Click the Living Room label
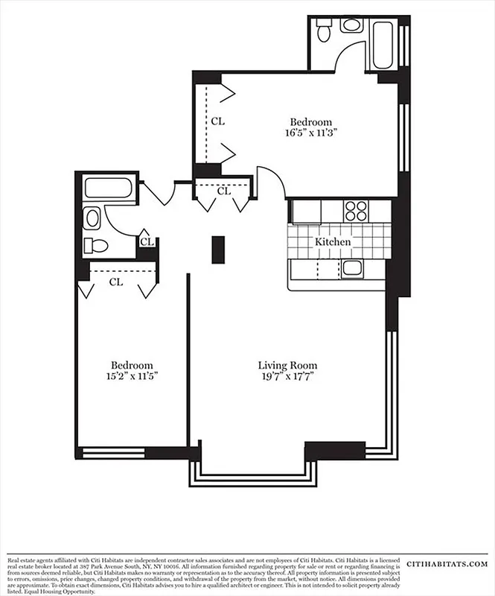pyautogui.click(x=287, y=365)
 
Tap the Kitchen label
pyautogui.click(x=333, y=242)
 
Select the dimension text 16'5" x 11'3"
pyautogui.click(x=310, y=133)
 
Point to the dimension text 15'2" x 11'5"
pyautogui.click(x=132, y=376)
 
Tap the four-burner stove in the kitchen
pyautogui.click(x=356, y=211)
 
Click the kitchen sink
pyautogui.click(x=351, y=268)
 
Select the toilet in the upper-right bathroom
pyautogui.click(x=324, y=32)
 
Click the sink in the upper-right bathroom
pyautogui.click(x=351, y=25)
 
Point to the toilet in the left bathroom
pyautogui.click(x=96, y=245)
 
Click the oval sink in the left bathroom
pyautogui.click(x=92, y=218)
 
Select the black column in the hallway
pyautogui.click(x=218, y=250)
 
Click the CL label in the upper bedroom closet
pyautogui.click(x=217, y=120)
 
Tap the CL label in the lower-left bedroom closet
pyautogui.click(x=116, y=282)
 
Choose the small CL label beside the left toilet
pyautogui.click(x=147, y=241)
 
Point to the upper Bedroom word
pyautogui.click(x=310, y=122)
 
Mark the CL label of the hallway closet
pyautogui.click(x=223, y=191)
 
